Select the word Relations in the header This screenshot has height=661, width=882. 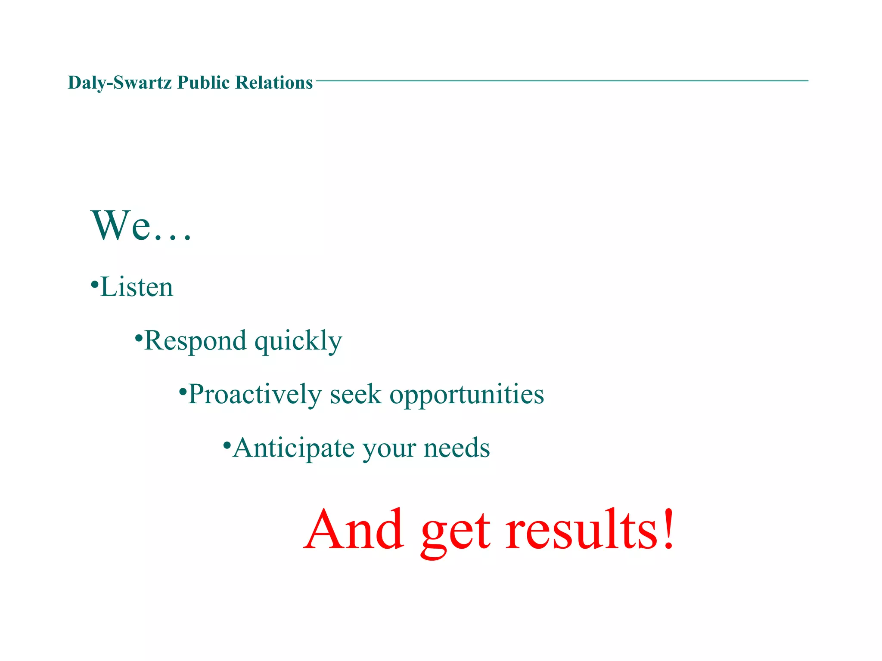(273, 83)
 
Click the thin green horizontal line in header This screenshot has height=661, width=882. (560, 80)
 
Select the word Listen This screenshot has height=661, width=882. (137, 287)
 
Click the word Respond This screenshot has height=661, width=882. (195, 341)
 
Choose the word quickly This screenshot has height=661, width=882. (298, 342)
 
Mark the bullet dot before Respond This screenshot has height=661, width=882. (138, 337)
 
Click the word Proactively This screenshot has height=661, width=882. (255, 395)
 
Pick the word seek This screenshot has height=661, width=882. (355, 395)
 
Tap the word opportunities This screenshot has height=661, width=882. (466, 395)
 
